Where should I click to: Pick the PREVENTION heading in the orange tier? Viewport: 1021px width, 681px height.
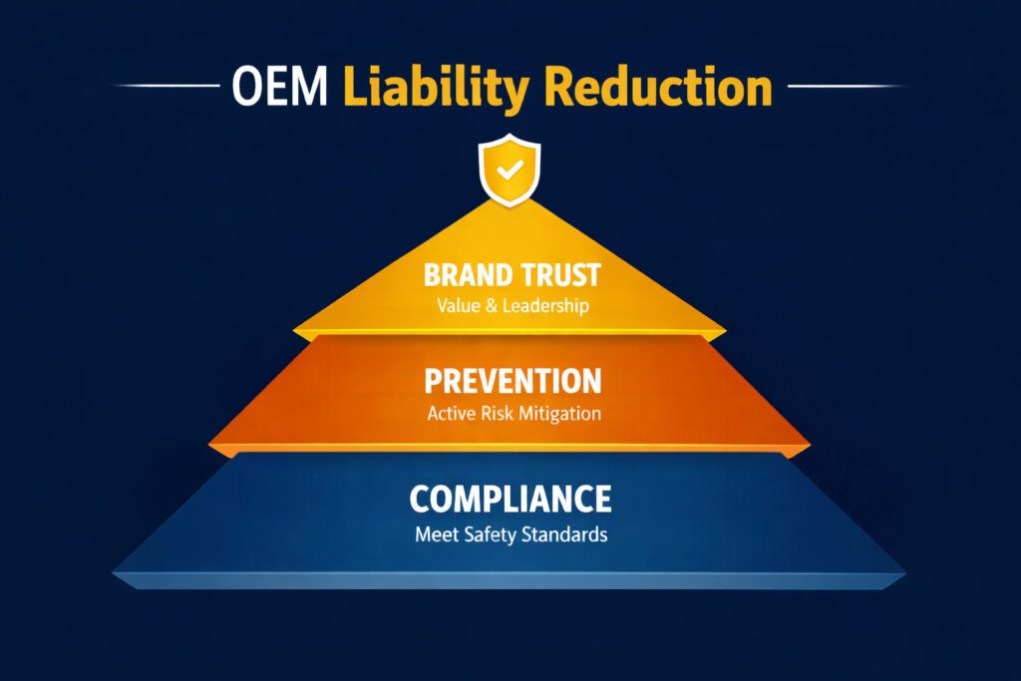(x=511, y=380)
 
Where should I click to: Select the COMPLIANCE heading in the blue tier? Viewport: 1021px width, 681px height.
(x=510, y=498)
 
